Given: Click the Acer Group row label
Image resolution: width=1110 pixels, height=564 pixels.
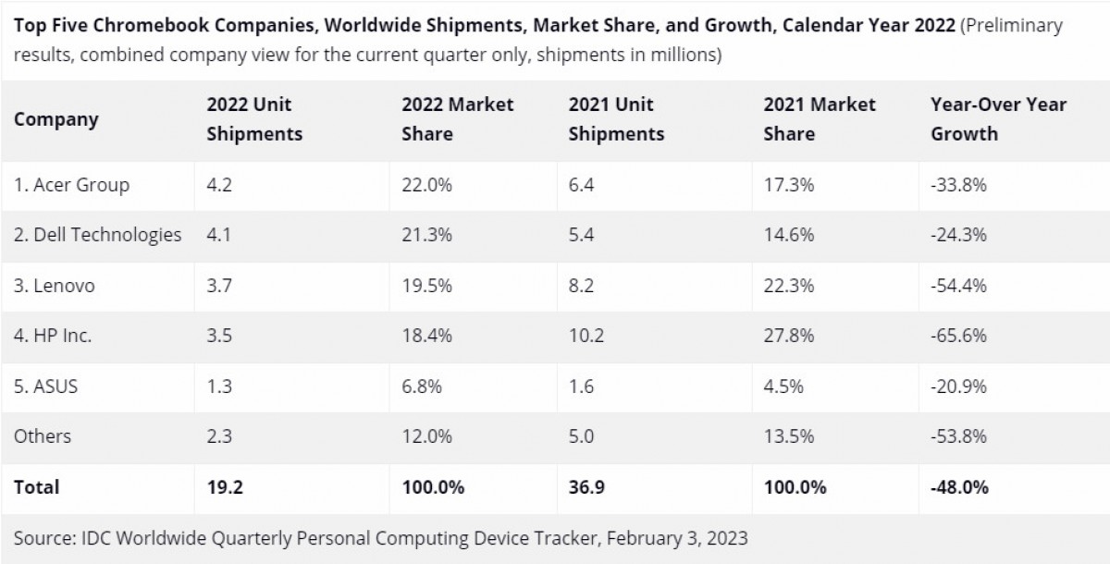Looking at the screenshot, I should click(71, 185).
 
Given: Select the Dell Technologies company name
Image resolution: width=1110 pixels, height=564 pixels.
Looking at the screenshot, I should click(97, 235).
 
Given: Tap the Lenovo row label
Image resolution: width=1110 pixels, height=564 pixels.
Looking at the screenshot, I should click(54, 286).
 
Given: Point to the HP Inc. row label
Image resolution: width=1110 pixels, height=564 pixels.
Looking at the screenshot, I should click(53, 337).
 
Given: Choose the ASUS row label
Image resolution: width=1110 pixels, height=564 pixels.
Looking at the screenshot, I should click(45, 387).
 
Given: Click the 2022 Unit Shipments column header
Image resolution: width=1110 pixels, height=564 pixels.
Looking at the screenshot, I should click(254, 119).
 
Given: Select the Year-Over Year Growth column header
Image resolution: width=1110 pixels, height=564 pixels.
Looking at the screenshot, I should click(998, 119).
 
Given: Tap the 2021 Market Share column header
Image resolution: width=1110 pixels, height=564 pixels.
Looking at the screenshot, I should click(820, 119).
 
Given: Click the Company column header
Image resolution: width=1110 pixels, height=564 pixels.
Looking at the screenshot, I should click(55, 119).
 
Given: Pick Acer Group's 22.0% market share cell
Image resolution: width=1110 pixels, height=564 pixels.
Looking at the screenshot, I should click(426, 185).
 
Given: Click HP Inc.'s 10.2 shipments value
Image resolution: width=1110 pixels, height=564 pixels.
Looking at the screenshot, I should click(586, 337).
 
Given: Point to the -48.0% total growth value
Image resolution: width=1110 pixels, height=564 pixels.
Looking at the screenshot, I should click(960, 486).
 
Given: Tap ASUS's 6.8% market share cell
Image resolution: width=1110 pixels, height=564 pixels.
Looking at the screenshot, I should click(423, 387).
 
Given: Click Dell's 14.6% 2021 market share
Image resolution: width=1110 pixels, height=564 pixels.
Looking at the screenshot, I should click(788, 235).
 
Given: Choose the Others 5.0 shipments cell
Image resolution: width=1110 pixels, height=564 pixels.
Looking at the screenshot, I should click(581, 436).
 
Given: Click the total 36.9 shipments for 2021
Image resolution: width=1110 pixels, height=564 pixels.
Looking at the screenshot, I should click(586, 486).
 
